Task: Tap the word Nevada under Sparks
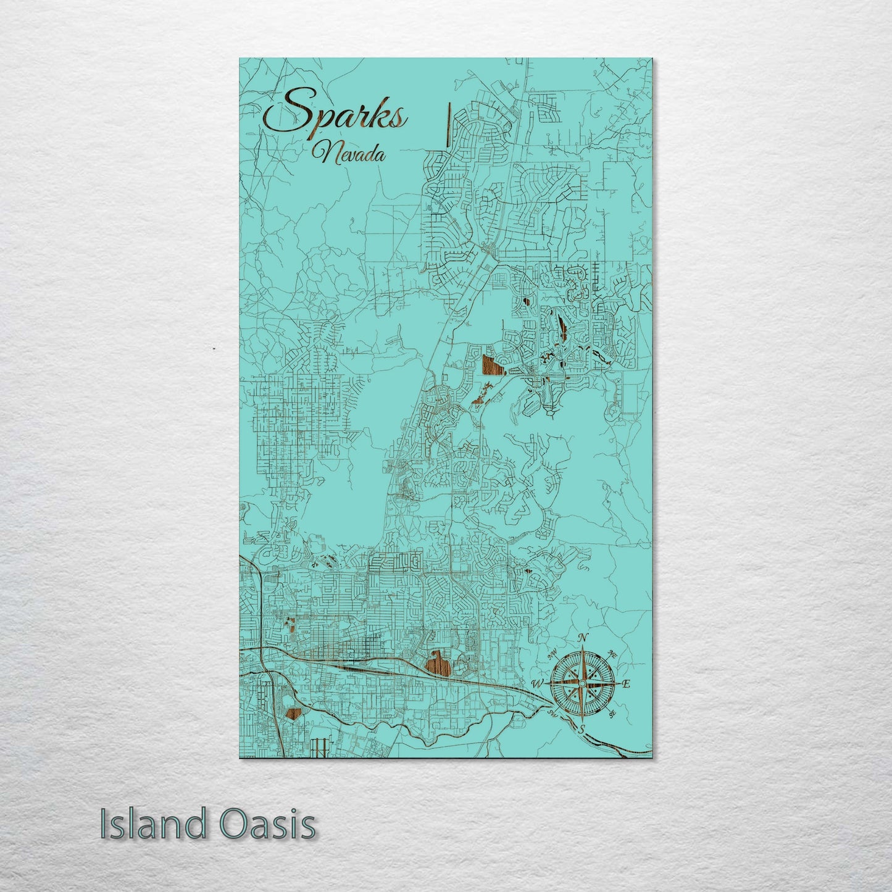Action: point(349,153)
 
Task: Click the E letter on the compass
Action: point(626,683)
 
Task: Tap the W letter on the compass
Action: point(536,683)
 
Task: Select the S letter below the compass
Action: point(581,729)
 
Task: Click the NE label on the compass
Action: point(612,654)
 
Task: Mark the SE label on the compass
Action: point(612,714)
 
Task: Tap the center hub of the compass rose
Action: point(582,683)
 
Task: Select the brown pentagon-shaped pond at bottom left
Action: point(294,714)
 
